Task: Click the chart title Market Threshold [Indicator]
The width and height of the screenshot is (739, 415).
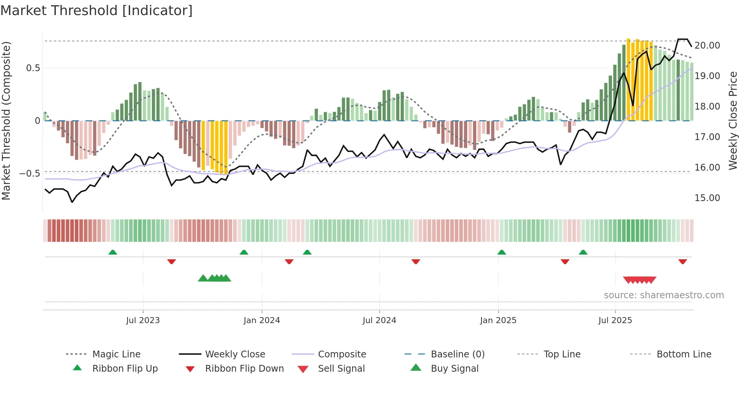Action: pyautogui.click(x=97, y=11)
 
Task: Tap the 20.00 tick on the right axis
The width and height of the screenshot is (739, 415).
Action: pyautogui.click(x=707, y=46)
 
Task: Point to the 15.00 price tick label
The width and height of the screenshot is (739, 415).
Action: pyautogui.click(x=707, y=198)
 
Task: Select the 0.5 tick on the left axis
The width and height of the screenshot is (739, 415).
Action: pyautogui.click(x=33, y=68)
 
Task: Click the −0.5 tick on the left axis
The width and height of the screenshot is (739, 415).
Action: pyautogui.click(x=30, y=174)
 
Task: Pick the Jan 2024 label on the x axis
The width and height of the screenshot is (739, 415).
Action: pyautogui.click(x=262, y=320)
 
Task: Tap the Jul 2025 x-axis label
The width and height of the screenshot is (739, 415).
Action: pyautogui.click(x=615, y=320)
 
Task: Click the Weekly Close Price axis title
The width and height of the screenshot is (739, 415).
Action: pyautogui.click(x=733, y=121)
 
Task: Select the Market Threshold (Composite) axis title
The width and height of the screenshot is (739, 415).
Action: pyautogui.click(x=6, y=121)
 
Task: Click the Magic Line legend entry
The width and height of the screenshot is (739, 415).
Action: pyautogui.click(x=116, y=354)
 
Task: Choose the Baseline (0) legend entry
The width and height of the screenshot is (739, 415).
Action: pyautogui.click(x=457, y=354)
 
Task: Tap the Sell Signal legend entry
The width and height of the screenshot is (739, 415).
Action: pyautogui.click(x=341, y=369)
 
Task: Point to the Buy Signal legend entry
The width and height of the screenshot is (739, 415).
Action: pyautogui.click(x=454, y=369)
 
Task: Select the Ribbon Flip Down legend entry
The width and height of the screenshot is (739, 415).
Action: pyautogui.click(x=244, y=369)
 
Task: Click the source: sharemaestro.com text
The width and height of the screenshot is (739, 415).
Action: pyautogui.click(x=664, y=295)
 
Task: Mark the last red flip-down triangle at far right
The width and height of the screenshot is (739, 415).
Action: pyautogui.click(x=682, y=261)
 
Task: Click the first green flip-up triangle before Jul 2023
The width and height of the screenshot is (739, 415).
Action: pyautogui.click(x=113, y=252)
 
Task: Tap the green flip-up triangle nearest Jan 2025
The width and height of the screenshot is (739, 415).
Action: pyautogui.click(x=501, y=252)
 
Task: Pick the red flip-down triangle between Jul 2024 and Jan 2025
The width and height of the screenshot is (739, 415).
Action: pyautogui.click(x=416, y=261)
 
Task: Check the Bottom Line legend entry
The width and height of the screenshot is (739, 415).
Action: pyautogui.click(x=684, y=354)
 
